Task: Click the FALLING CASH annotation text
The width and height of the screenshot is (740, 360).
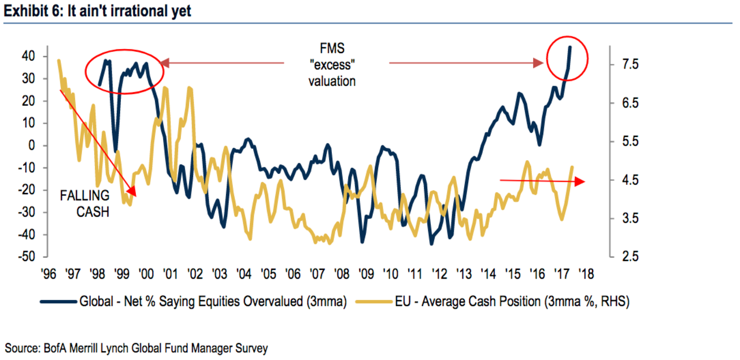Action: click(84, 204)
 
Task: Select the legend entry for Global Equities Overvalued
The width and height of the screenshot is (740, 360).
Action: click(193, 302)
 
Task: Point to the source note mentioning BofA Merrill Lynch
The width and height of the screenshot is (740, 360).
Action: click(136, 348)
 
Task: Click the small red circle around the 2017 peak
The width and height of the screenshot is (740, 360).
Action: click(567, 58)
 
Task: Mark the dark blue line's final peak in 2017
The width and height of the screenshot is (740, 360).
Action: click(571, 47)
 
